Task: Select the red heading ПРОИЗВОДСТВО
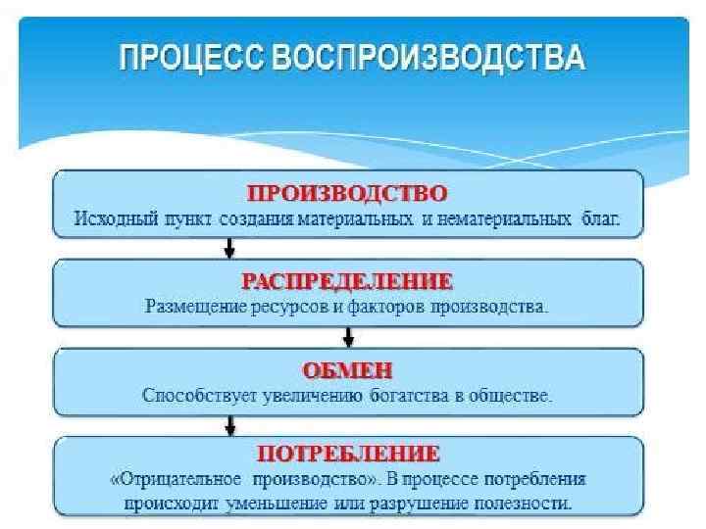pos(348,191)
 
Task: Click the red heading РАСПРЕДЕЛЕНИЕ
pos(348,282)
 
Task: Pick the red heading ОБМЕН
pos(348,371)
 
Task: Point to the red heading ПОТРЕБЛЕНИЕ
pos(348,454)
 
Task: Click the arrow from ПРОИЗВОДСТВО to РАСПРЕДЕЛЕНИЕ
pos(229,249)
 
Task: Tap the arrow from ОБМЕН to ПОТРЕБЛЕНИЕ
pos(229,424)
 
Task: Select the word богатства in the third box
pos(406,397)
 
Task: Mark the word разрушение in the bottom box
pos(441,504)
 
